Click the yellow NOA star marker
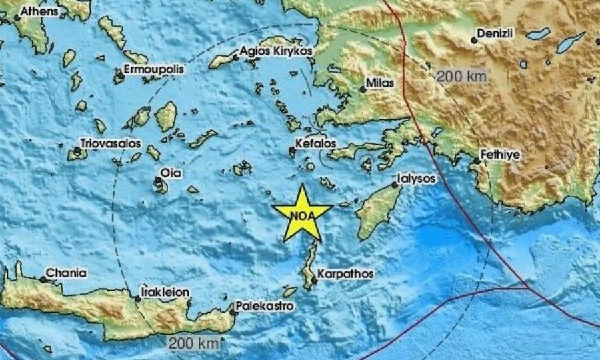point(302,214)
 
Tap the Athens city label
point(38,11)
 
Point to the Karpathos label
point(345,273)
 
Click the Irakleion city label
point(166,292)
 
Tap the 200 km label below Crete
point(193,343)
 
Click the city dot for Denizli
point(474,40)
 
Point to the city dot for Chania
point(43,279)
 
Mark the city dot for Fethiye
point(477,160)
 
